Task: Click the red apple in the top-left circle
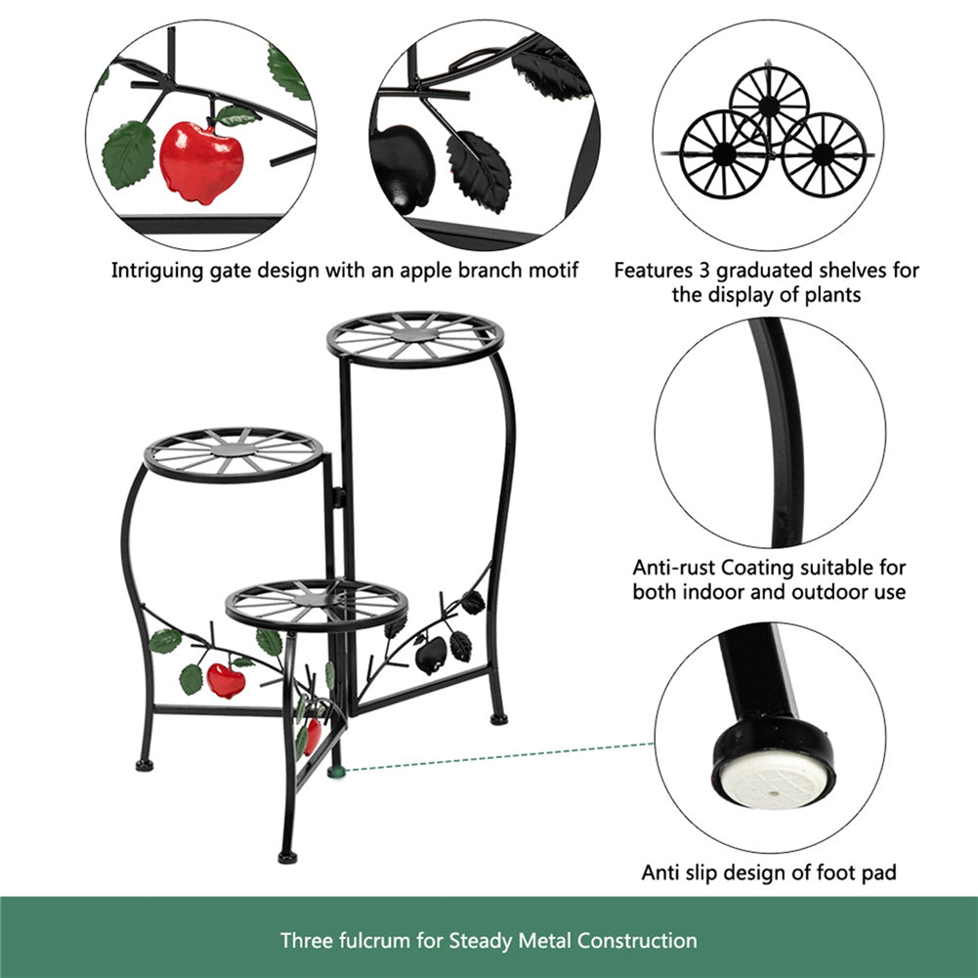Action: pos(201,162)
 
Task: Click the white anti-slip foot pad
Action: pos(774,779)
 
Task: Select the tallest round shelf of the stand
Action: pos(415,339)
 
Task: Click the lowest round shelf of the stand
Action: pos(317,605)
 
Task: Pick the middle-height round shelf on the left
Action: pos(234,454)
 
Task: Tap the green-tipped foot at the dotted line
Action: pos(337,772)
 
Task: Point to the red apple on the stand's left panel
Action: pos(226,680)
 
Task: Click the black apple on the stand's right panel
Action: pos(431,655)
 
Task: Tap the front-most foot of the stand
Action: pos(287,857)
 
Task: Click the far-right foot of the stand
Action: pos(499,719)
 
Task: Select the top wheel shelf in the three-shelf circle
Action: pos(769,105)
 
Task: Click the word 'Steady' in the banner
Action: pos(481,940)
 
